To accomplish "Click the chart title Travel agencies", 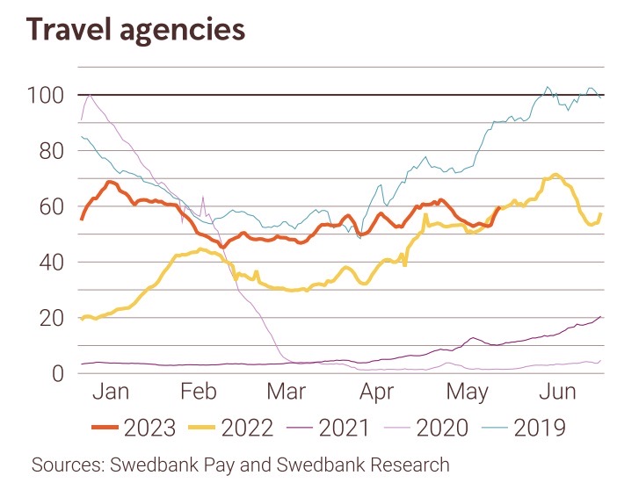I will tap(135, 29).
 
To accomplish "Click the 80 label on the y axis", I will tap(50, 151).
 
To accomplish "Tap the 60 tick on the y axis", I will tap(50, 206).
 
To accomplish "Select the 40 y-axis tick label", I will tap(50, 262).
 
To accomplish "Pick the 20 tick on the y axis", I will tap(50, 318).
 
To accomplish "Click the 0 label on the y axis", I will tap(57, 373).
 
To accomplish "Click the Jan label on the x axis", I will tap(111, 392).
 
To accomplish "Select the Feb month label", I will tap(198, 392).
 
